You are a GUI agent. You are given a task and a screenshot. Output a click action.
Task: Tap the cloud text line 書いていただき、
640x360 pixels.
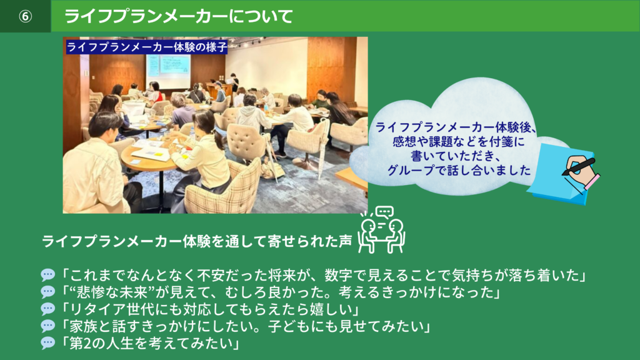[x=457, y=156]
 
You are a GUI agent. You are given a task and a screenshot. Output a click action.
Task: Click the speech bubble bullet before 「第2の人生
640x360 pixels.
[x=48, y=343]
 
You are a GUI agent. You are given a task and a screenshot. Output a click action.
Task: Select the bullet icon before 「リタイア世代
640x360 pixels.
[x=48, y=309]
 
